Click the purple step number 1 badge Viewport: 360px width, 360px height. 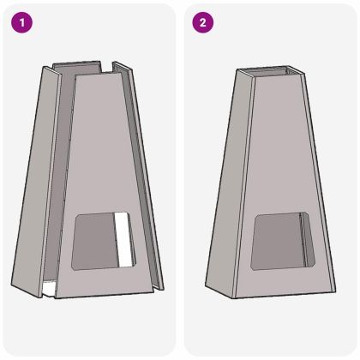point(21,22)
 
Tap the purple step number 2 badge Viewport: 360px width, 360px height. point(201,22)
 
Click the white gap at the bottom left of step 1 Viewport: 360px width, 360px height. point(50,288)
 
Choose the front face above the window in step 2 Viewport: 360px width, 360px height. point(274,154)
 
